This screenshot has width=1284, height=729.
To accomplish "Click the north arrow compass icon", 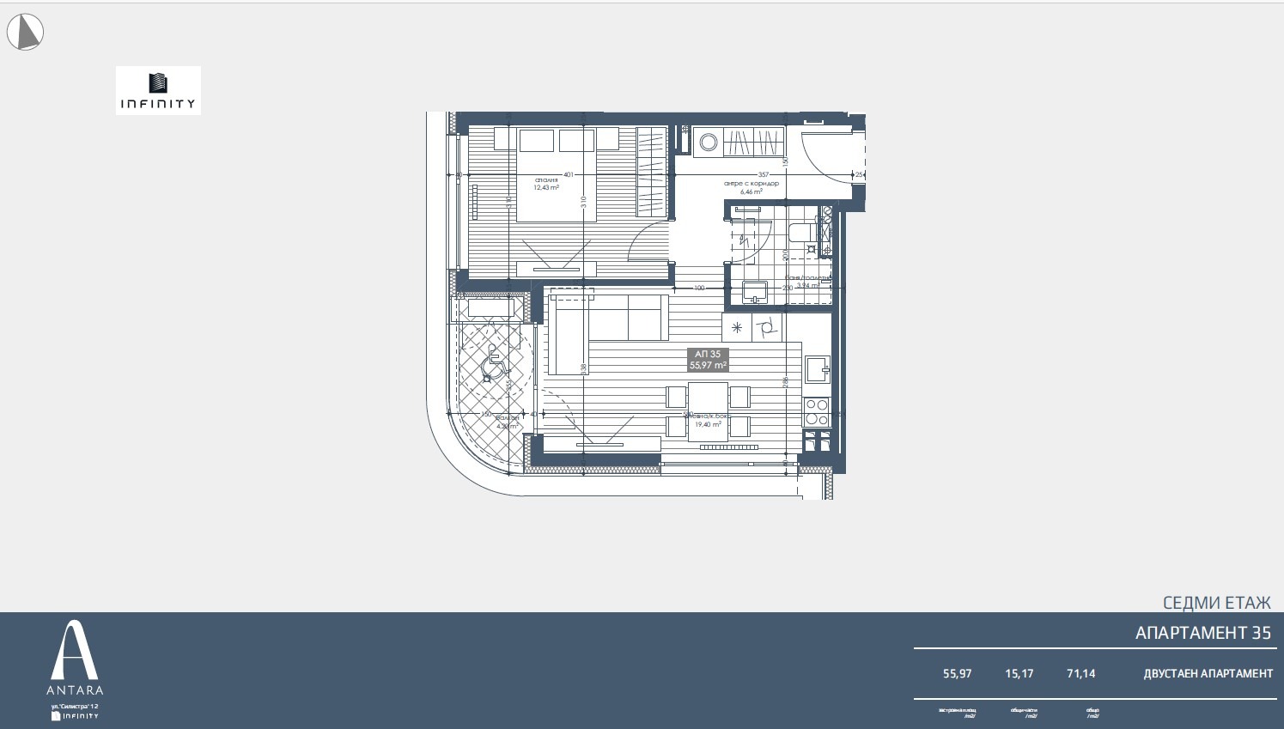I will [25, 33].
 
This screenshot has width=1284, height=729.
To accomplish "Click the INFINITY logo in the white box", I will [158, 90].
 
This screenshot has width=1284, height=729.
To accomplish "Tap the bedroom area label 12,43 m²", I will [546, 187].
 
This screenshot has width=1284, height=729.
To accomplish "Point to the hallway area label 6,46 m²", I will [751, 191].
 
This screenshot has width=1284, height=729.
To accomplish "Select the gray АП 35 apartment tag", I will [708, 360].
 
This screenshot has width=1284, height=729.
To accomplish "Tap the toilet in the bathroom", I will [800, 232].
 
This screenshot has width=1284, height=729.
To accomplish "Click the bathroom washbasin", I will [755, 292].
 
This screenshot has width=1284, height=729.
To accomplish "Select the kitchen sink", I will [816, 369].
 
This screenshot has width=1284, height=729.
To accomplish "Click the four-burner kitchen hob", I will [817, 412].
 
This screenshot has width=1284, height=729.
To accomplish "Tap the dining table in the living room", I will [709, 410].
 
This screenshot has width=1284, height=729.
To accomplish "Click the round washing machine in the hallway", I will [709, 143].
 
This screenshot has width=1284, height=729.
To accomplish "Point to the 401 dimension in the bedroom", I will [568, 174].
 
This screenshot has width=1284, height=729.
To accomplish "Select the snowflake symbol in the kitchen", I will [737, 327].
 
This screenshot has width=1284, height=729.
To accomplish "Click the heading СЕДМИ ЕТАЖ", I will [1216, 603].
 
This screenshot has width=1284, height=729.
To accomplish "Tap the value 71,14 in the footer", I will [1080, 674].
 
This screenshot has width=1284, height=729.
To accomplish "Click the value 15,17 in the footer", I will [1019, 674].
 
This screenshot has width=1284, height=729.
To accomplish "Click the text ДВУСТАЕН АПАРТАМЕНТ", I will [1208, 674].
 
